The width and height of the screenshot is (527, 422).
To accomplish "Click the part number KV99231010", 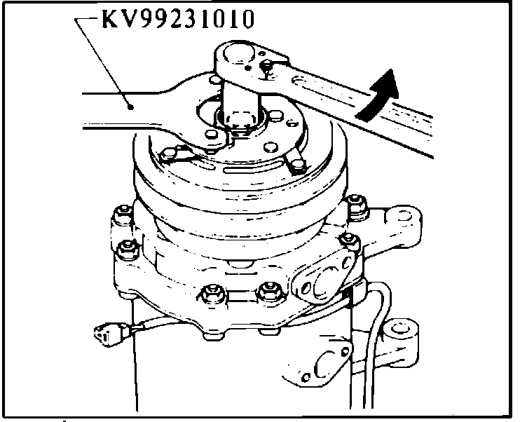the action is coord(178,19).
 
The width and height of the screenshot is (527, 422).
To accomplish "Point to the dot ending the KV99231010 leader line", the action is coord(131,107).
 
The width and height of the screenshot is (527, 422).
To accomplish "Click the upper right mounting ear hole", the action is coord(402,216).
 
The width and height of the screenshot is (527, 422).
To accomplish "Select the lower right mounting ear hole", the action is coord(399,328).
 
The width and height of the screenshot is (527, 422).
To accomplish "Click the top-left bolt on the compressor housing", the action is coord(123,215).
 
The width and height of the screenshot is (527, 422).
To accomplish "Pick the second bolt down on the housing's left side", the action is coord(128,250).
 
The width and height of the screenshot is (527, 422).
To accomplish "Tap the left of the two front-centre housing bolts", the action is coord(212,293).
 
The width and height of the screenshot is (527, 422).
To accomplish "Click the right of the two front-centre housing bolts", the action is coord(269,292).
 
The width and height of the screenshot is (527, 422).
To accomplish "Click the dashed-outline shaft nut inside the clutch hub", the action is coord(240,121).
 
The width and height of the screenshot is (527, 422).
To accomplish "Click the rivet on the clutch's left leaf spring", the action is coord(167,154).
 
